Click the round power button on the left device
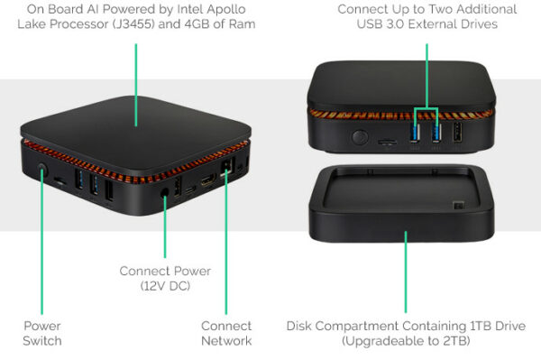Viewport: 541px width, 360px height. pyautogui.click(x=42, y=170)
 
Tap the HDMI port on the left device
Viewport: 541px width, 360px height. pyautogui.click(x=208, y=180)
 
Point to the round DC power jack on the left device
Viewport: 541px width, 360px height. pyautogui.click(x=165, y=192)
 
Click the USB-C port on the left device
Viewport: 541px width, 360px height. pyautogui.click(x=191, y=189)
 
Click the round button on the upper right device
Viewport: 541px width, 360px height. pyautogui.click(x=360, y=137)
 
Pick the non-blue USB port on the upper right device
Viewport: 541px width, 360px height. pyautogui.click(x=457, y=132)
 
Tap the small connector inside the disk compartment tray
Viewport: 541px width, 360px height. pyautogui.click(x=459, y=205)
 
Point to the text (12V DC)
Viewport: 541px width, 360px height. pyautogui.click(x=165, y=286)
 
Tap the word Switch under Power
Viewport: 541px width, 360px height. pyautogui.click(x=42, y=341)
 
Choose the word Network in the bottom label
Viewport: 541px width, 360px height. pyautogui.click(x=226, y=341)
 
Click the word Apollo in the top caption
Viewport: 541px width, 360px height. pyautogui.click(x=227, y=9)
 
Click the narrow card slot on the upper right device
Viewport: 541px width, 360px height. pyautogui.click(x=387, y=142)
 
